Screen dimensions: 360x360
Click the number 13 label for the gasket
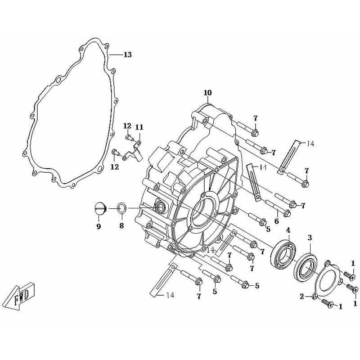pyautogui.click(x=127, y=55)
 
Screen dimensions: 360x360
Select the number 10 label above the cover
pyautogui.click(x=207, y=93)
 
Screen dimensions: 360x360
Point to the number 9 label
pyautogui.click(x=99, y=226)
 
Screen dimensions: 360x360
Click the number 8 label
pyautogui.click(x=121, y=226)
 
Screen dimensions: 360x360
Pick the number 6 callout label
pyautogui.click(x=277, y=221)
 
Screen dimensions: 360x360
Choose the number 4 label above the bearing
pyautogui.click(x=288, y=231)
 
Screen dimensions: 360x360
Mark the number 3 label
pyautogui.click(x=310, y=238)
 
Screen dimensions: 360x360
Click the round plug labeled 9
pyautogui.click(x=100, y=208)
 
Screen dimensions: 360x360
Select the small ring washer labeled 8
pyautogui.click(x=121, y=208)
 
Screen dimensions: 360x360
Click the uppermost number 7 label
pyautogui.click(x=255, y=118)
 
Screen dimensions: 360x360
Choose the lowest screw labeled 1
pyautogui.click(x=328, y=305)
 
